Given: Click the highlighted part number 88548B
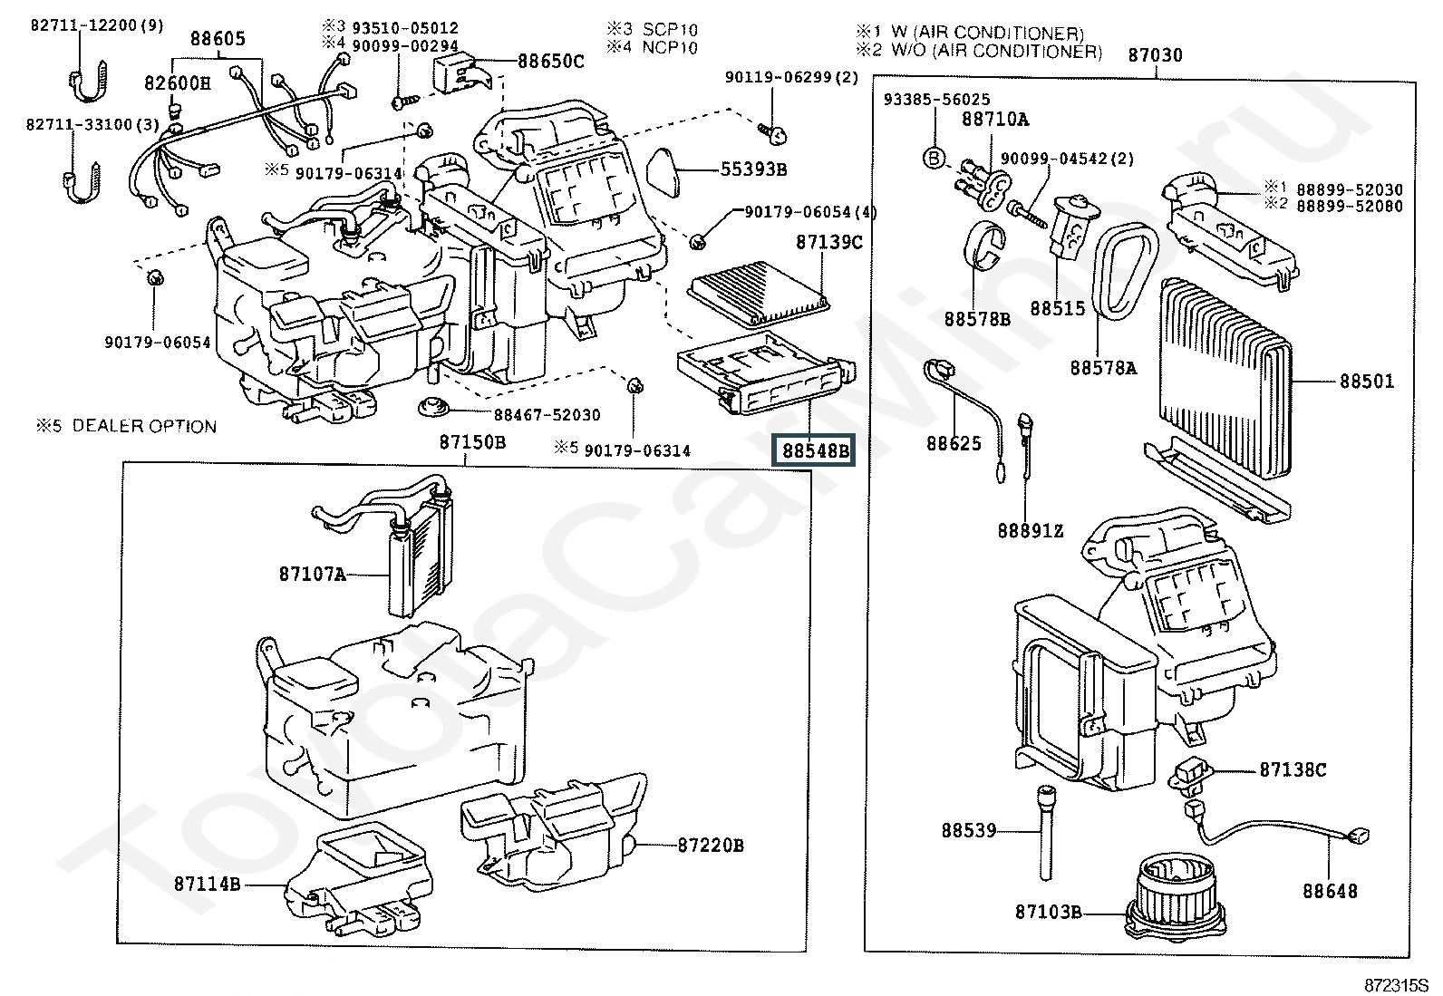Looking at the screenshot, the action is click(814, 450).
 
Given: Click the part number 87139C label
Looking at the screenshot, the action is click(828, 242).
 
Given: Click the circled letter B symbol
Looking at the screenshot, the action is click(935, 158).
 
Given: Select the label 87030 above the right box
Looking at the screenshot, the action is click(1155, 54).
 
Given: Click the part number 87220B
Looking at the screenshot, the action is click(711, 845).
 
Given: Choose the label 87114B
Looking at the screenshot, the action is click(207, 884).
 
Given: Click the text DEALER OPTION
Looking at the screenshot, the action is click(144, 426).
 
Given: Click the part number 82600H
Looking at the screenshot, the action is click(177, 83).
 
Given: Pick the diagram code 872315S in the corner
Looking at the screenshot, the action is click(1396, 985).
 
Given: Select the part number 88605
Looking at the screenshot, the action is click(218, 38).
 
